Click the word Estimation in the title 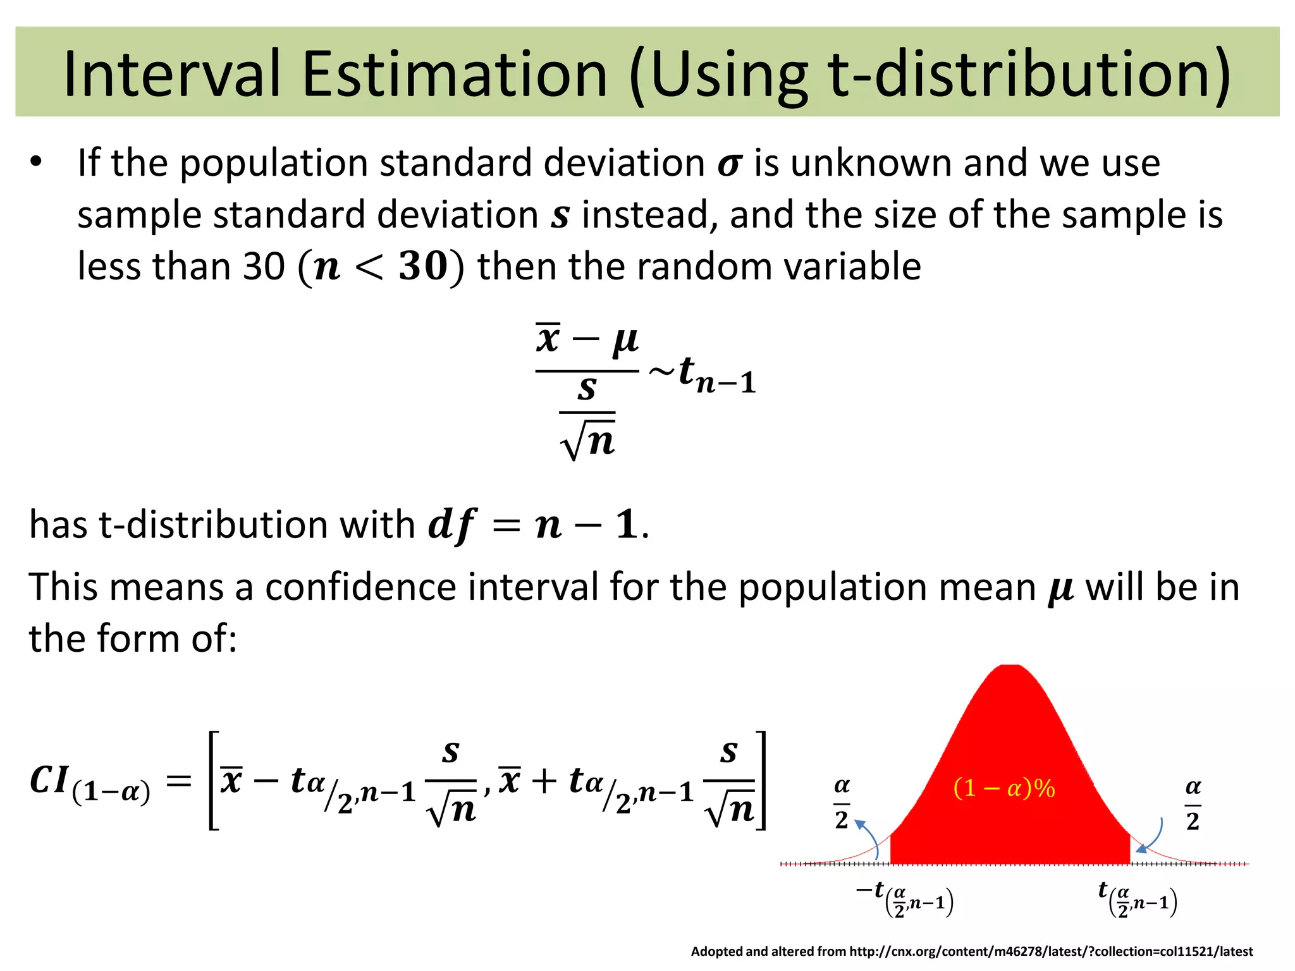[455, 75]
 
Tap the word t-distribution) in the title [1029, 75]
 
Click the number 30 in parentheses [423, 266]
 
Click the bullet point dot [36, 162]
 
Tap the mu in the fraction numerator [625, 341]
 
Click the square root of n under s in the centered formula [588, 437]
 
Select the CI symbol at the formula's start [49, 780]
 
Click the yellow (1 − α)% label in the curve [1004, 788]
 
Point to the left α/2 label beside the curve [842, 803]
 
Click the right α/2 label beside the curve [1193, 803]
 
